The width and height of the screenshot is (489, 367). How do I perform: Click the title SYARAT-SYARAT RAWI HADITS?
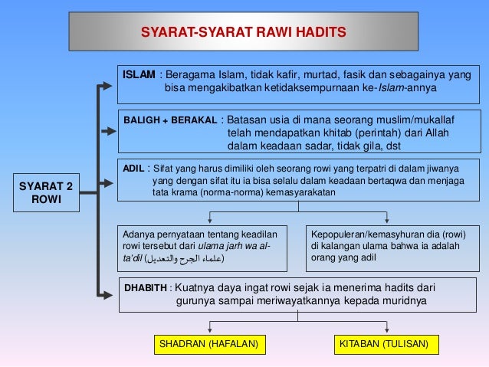coord(244,32)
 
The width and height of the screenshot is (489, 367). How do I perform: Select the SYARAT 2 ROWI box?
coord(46,192)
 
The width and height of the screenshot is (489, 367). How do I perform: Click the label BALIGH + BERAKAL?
coord(169,120)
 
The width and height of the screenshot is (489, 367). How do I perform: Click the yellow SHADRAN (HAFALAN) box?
coord(205,344)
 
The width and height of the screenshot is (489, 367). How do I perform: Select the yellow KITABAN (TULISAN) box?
coord(383,344)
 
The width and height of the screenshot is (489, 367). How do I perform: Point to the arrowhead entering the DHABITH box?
coord(113,296)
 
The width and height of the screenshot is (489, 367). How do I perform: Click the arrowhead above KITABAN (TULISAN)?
coord(382,330)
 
